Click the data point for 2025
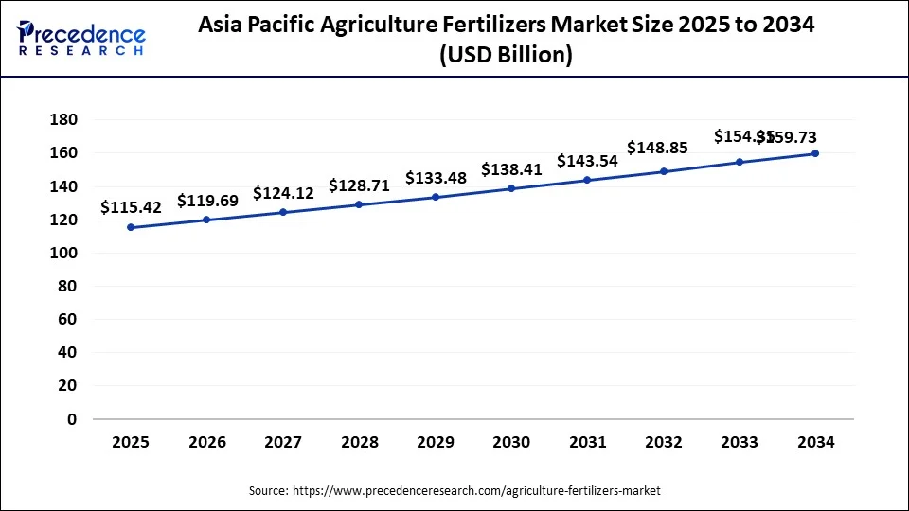coord(131,227)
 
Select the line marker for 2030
coord(511,188)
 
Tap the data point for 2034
coord(815,153)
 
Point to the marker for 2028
coord(359,204)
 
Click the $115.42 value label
coord(131,207)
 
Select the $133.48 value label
coord(436,178)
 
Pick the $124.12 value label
coord(283,193)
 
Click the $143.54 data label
coord(587,161)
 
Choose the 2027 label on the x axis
coord(283,443)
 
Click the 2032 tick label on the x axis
coord(663,443)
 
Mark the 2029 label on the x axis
coord(436,443)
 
